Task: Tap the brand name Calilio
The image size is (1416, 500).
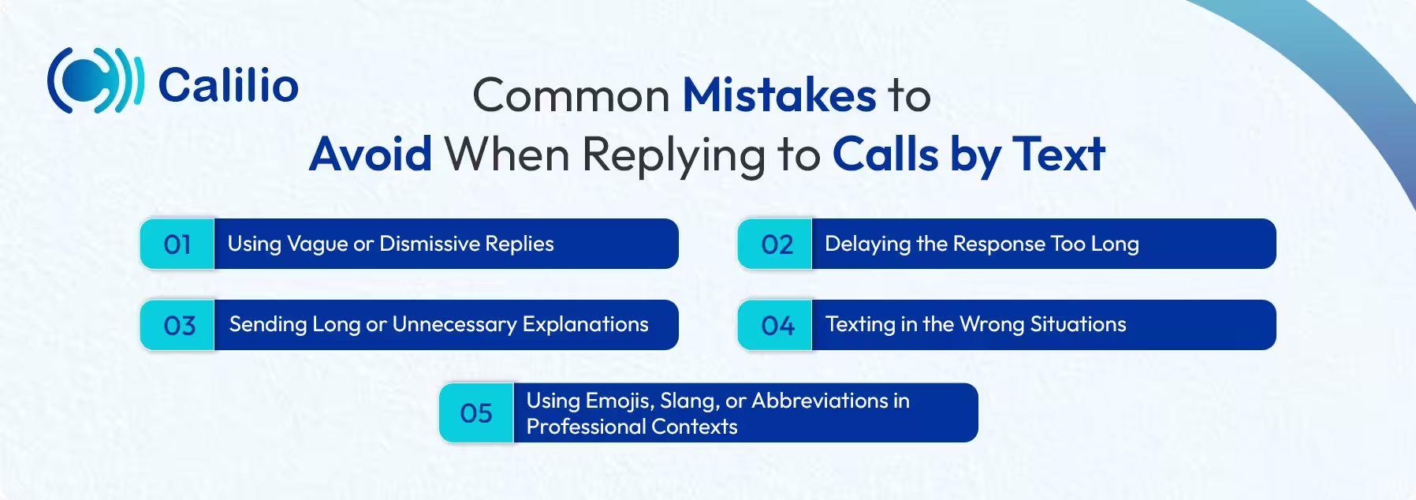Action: [228, 85]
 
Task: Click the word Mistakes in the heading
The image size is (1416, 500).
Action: [779, 95]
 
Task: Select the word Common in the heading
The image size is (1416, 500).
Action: [572, 96]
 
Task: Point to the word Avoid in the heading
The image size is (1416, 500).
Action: [371, 154]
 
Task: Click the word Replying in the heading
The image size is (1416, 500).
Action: [673, 155]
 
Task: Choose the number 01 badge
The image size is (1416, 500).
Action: [177, 244]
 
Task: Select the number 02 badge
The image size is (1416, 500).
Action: [777, 244]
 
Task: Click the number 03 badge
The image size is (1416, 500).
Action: [179, 326]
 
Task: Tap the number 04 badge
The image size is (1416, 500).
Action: [777, 326]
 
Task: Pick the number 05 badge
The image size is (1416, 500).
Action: [476, 413]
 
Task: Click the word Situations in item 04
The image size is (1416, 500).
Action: [1078, 324]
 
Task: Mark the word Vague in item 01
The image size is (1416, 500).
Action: [317, 244]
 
